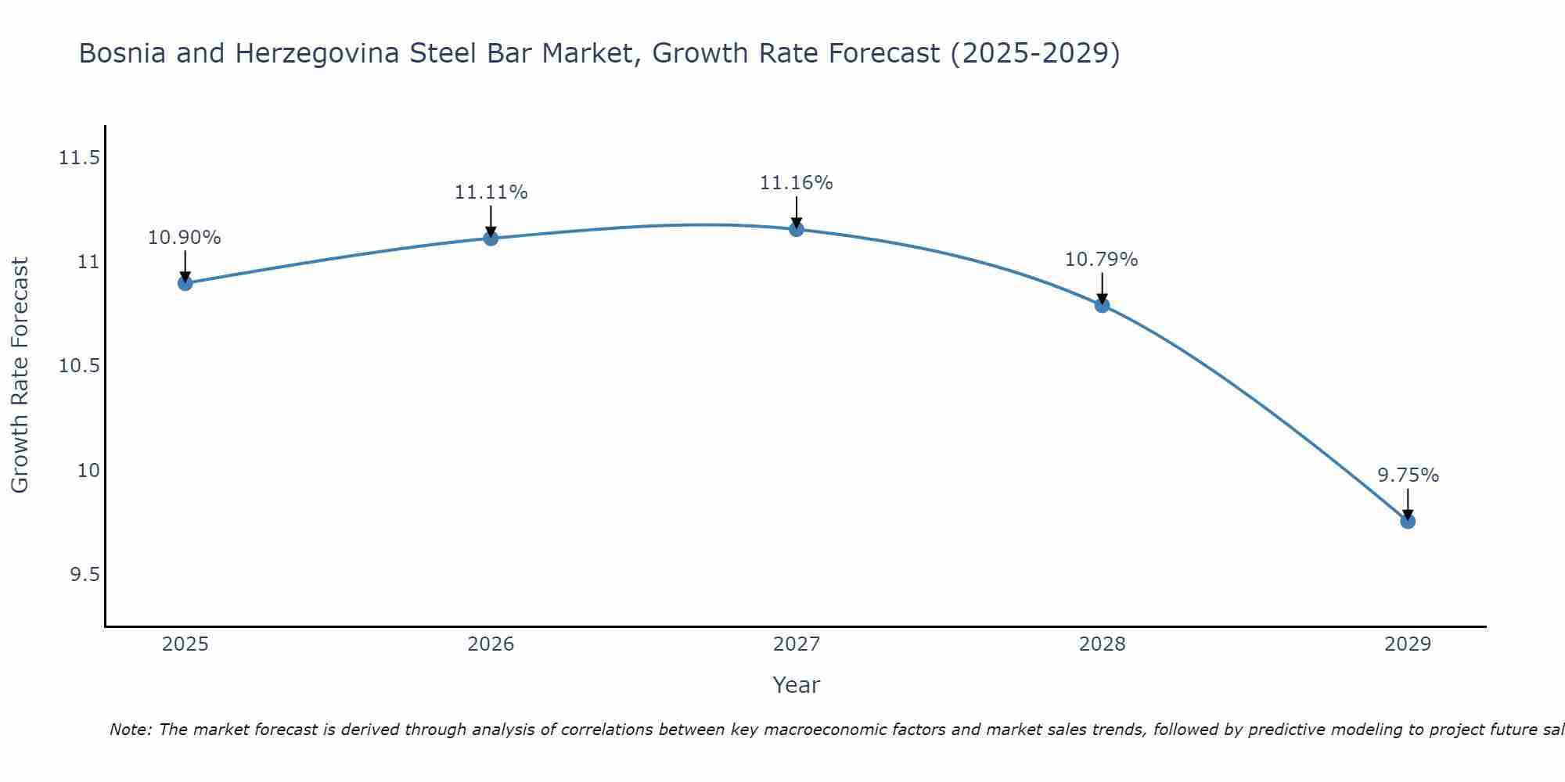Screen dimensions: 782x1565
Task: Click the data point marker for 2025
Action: [185, 283]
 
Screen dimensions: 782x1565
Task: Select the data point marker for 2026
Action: [491, 239]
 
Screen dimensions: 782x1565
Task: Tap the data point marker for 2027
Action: [797, 229]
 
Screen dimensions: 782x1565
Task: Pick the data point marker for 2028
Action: [1102, 305]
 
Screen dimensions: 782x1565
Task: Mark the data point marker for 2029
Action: [1408, 522]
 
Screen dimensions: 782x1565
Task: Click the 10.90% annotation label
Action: [185, 238]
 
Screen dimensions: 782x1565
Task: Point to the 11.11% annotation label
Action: [491, 192]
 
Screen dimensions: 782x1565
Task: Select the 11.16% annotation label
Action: [797, 183]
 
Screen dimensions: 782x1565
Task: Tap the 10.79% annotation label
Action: [1102, 260]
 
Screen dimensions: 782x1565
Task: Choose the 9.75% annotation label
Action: [1408, 475]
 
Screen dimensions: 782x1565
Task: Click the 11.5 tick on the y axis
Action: [80, 159]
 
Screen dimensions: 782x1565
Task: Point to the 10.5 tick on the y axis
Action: [80, 367]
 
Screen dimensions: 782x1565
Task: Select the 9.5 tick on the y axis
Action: [85, 576]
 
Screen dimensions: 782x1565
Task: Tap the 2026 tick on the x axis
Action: [491, 644]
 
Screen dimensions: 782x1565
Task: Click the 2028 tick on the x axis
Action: [1102, 644]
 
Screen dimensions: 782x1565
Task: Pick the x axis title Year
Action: [796, 685]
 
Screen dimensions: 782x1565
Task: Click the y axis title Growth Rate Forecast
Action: [20, 375]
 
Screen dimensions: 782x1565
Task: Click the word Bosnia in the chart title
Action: [122, 54]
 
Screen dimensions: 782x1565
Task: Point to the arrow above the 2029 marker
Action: [1408, 504]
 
